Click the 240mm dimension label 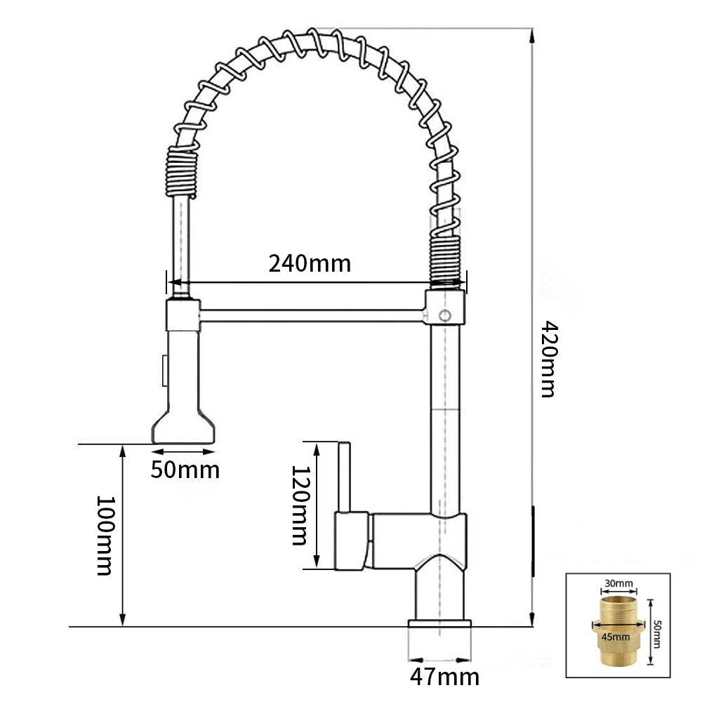(x=310, y=263)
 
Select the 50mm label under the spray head (x=185, y=470)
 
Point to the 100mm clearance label (x=106, y=535)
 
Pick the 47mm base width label (x=444, y=677)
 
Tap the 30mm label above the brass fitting (x=618, y=584)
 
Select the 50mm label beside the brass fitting (x=657, y=633)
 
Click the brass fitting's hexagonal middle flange (x=618, y=625)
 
